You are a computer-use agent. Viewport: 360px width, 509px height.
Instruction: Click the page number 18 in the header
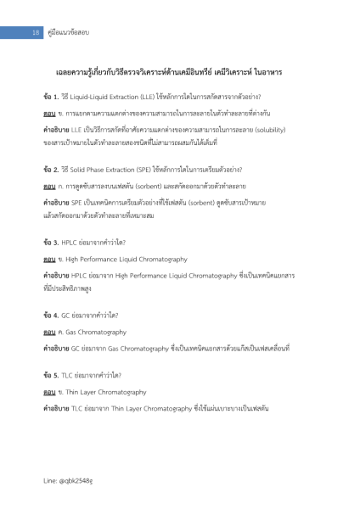point(36,32)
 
